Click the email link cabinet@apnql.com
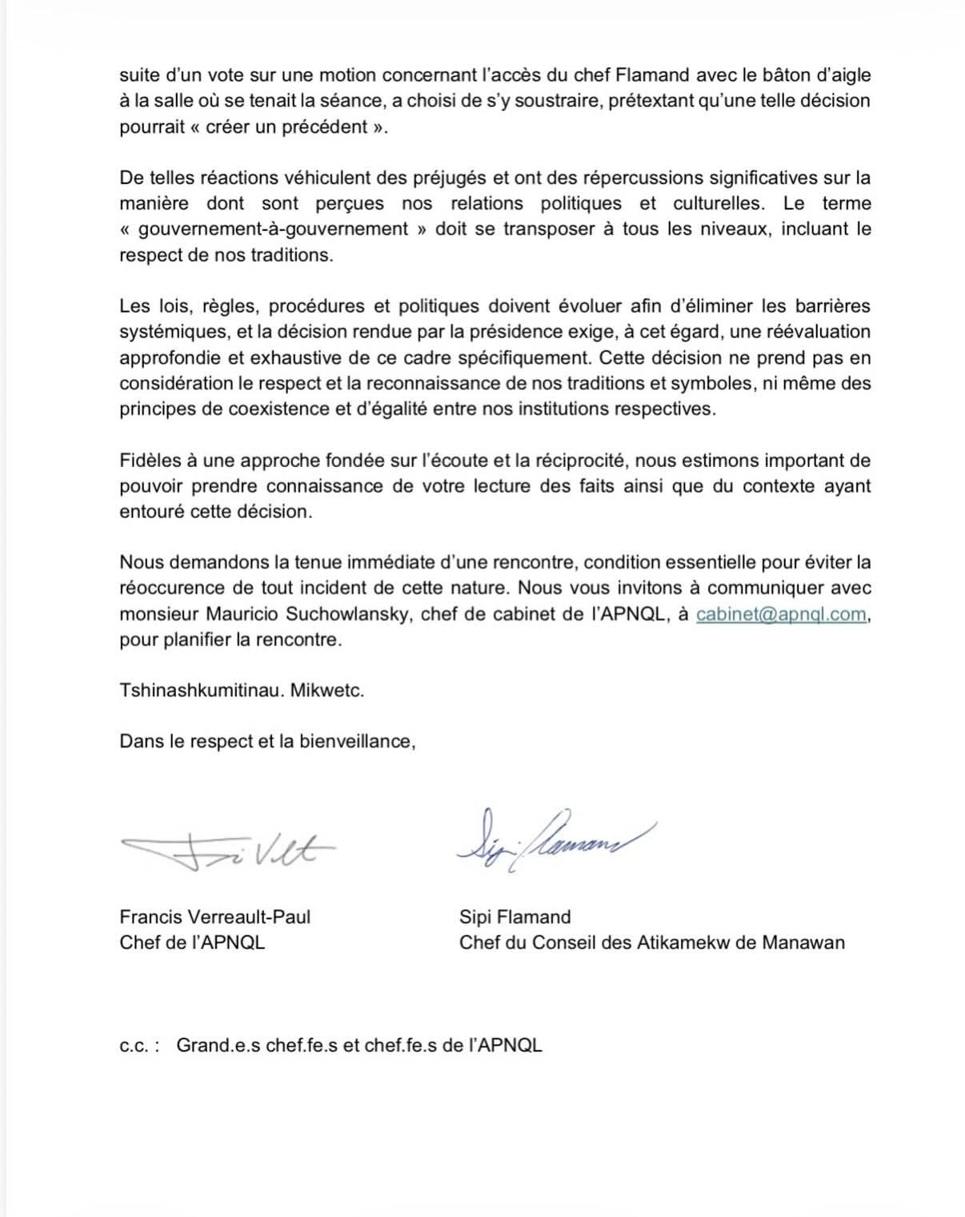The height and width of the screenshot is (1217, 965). [781, 614]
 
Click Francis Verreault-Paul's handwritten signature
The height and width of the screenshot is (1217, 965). [229, 850]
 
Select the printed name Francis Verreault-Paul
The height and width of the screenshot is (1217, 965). [214, 916]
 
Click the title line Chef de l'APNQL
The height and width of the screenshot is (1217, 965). [192, 942]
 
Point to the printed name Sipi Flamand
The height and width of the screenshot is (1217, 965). [515, 916]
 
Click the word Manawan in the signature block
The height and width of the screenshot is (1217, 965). [803, 942]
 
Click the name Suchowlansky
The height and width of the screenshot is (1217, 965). [347, 614]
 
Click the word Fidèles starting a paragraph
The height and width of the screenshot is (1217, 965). [152, 461]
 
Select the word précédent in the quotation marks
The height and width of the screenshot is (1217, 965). [324, 126]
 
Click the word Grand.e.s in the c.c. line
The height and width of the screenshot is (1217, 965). [218, 1045]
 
